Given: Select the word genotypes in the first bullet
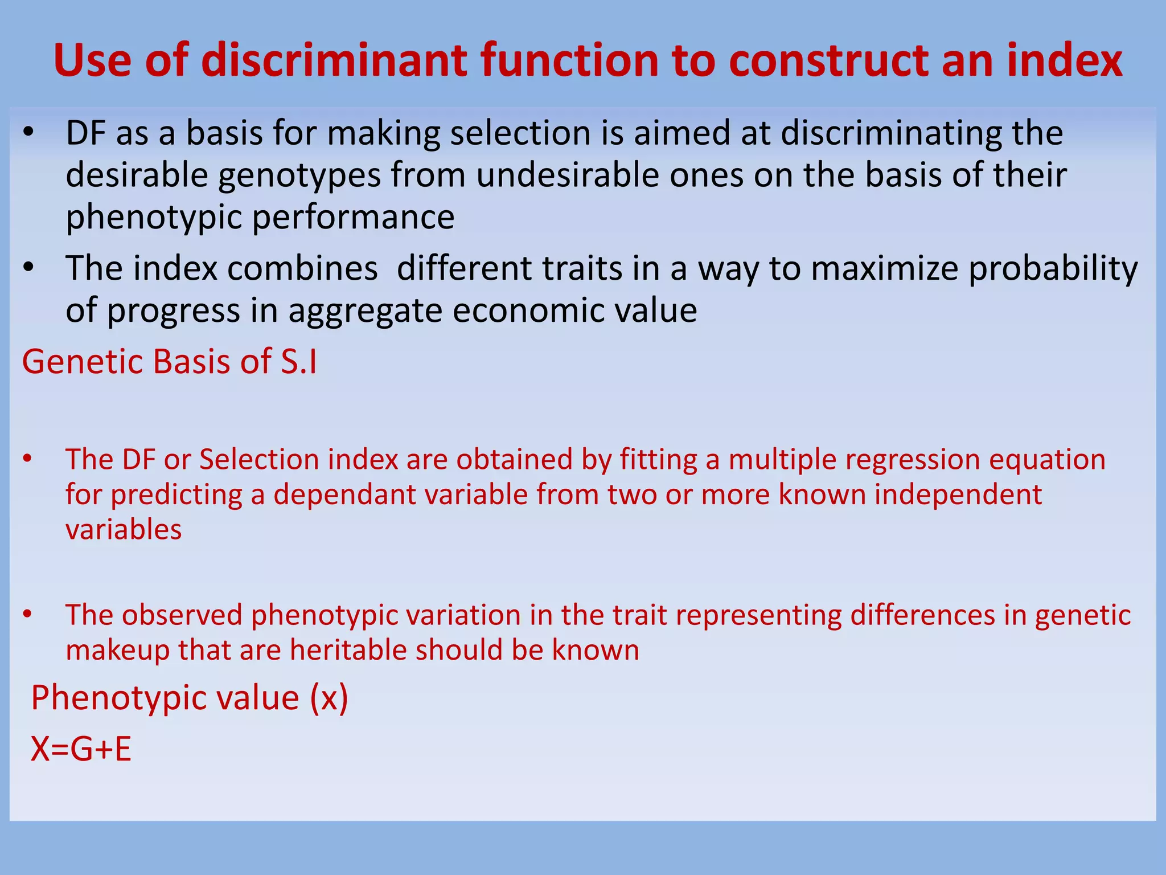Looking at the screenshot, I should pos(299,175).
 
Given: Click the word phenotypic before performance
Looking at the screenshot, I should pos(154,218).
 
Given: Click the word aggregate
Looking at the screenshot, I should pos(364,311).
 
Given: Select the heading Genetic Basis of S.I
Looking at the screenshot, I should pos(170,362).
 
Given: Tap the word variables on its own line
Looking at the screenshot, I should pos(124,530).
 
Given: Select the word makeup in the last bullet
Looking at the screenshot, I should pos(117,650).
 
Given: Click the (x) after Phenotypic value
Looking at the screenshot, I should pos(329,698).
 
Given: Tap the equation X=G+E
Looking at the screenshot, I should pos(81,749).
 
